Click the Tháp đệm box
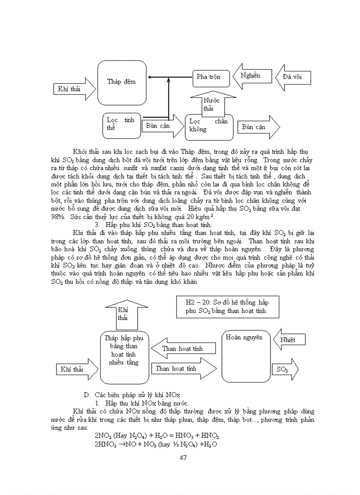click(x=121, y=82)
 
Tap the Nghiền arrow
click(x=250, y=76)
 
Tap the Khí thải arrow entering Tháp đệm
click(x=74, y=89)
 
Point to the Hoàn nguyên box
click(x=246, y=356)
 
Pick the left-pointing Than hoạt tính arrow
click(x=183, y=349)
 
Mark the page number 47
click(x=184, y=458)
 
